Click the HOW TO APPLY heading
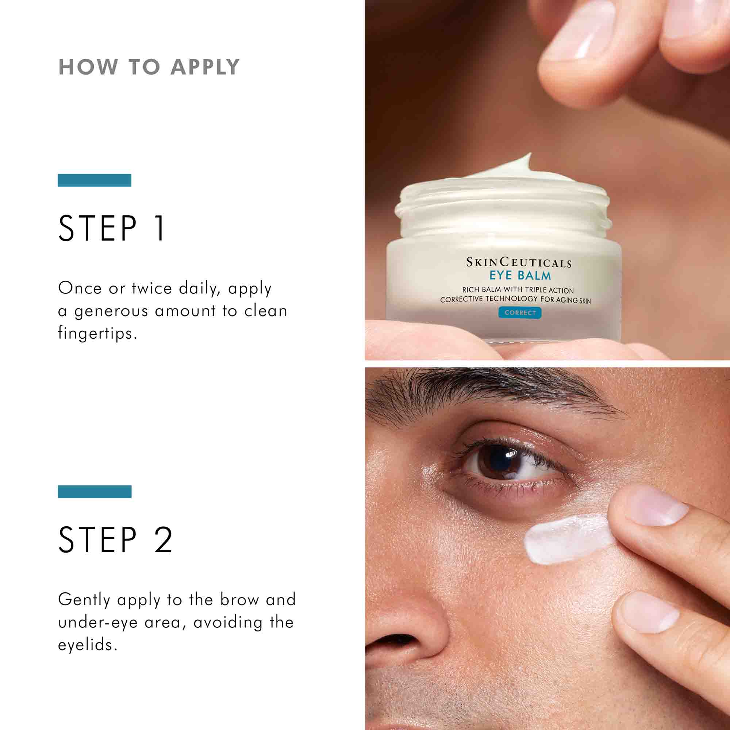(149, 67)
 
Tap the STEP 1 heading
(112, 228)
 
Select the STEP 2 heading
(116, 539)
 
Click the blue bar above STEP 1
(95, 180)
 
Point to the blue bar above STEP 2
(95, 492)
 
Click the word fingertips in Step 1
(97, 334)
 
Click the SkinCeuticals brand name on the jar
(518, 262)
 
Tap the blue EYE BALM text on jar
(520, 276)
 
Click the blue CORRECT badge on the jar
(520, 312)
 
